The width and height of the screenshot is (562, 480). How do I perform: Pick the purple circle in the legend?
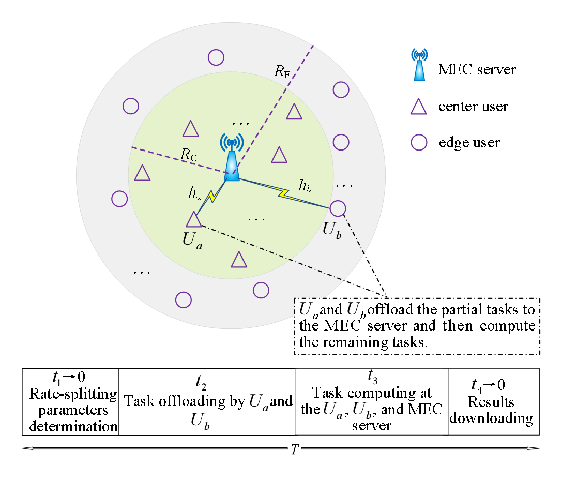419,142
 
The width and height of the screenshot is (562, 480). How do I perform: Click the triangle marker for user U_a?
193,220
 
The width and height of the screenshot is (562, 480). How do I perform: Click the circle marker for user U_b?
337,208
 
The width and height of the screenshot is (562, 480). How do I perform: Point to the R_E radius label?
281,72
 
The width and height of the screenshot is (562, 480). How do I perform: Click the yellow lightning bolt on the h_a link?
212,196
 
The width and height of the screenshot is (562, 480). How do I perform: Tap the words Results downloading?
491,410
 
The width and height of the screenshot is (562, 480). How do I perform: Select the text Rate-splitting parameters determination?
73,410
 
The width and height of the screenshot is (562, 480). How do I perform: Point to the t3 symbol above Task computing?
371,374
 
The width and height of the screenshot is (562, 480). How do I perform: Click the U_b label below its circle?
332,231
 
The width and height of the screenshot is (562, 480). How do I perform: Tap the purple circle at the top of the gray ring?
216,57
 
